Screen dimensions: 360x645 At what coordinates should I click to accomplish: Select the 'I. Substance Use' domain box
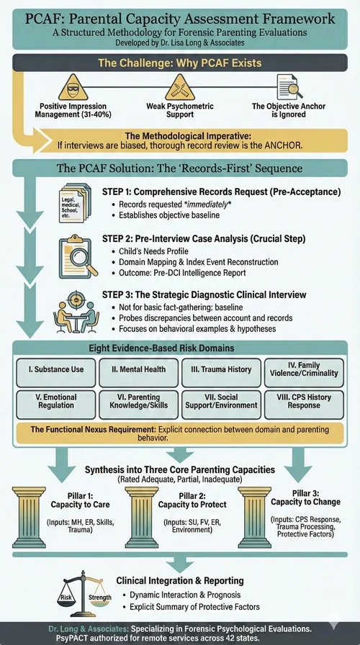click(x=56, y=369)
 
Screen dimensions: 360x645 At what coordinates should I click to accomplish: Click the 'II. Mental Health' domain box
click(x=139, y=369)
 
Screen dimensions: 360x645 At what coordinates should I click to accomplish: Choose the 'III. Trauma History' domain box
click(x=221, y=369)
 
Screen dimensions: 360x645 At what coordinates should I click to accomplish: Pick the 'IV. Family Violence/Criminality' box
click(x=304, y=369)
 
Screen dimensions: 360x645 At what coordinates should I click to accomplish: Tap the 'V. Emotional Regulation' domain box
click(x=56, y=401)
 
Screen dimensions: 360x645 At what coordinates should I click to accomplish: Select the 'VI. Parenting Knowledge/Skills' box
click(x=139, y=401)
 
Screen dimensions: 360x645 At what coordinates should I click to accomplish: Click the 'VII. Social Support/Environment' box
click(x=221, y=401)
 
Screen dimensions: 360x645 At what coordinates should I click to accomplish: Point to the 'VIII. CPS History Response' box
click(x=304, y=401)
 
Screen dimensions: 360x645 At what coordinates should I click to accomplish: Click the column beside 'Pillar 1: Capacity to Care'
click(x=29, y=518)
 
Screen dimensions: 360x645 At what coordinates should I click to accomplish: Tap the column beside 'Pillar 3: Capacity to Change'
click(x=255, y=518)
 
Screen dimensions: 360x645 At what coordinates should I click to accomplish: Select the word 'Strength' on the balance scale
click(x=100, y=597)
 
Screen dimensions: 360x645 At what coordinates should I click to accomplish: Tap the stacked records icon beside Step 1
click(x=72, y=202)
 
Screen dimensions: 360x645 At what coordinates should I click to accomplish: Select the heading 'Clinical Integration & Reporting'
click(x=180, y=581)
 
